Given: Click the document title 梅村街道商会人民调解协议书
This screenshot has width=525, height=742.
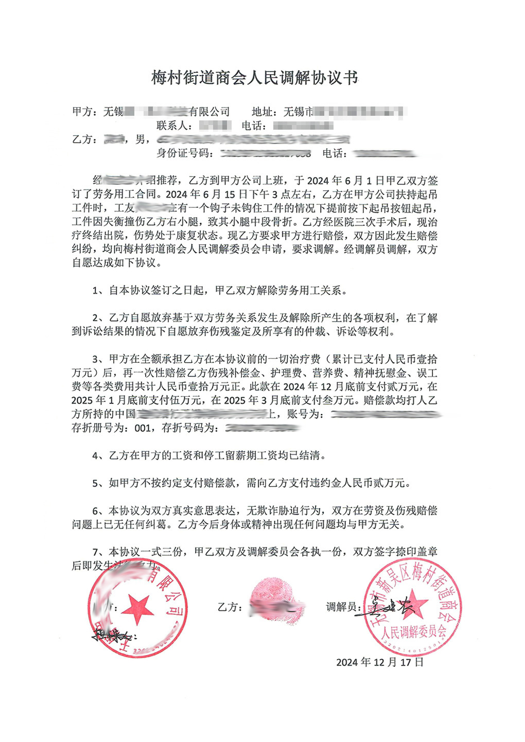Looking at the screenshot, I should pyautogui.click(x=254, y=78).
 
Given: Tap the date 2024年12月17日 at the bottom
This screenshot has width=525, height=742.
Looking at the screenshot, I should pyautogui.click(x=380, y=662).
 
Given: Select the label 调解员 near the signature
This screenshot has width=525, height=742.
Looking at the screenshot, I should pyautogui.click(x=341, y=607).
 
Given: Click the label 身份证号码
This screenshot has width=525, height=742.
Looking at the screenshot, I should pyautogui.click(x=184, y=153).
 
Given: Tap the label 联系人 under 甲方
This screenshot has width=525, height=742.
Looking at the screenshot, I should pyautogui.click(x=174, y=126).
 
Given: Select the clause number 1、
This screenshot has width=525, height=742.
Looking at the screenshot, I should pyautogui.click(x=100, y=291).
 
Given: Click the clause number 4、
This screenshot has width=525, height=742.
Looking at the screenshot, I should pyautogui.click(x=100, y=456).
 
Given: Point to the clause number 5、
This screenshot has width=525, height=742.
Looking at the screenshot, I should pyautogui.click(x=100, y=483).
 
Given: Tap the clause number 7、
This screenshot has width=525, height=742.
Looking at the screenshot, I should pyautogui.click(x=100, y=552).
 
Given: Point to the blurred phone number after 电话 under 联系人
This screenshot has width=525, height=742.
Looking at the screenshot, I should pyautogui.click(x=303, y=126).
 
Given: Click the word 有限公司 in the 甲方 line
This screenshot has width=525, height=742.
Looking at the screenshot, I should pyautogui.click(x=209, y=112).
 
